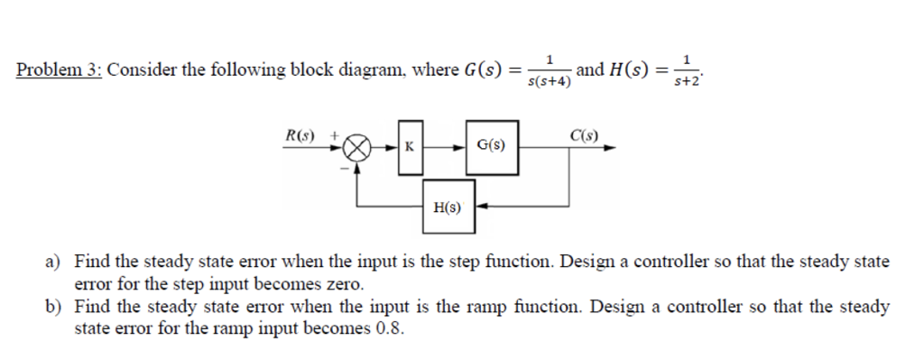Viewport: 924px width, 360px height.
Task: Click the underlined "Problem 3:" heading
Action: (60, 70)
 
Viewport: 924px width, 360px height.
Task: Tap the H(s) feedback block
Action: (447, 207)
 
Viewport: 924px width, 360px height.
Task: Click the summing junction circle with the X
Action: (358, 146)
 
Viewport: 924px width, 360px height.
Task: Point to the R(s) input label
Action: (302, 134)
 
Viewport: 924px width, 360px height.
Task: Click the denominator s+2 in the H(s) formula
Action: (688, 82)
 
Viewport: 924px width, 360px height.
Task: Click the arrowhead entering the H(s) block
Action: (482, 206)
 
